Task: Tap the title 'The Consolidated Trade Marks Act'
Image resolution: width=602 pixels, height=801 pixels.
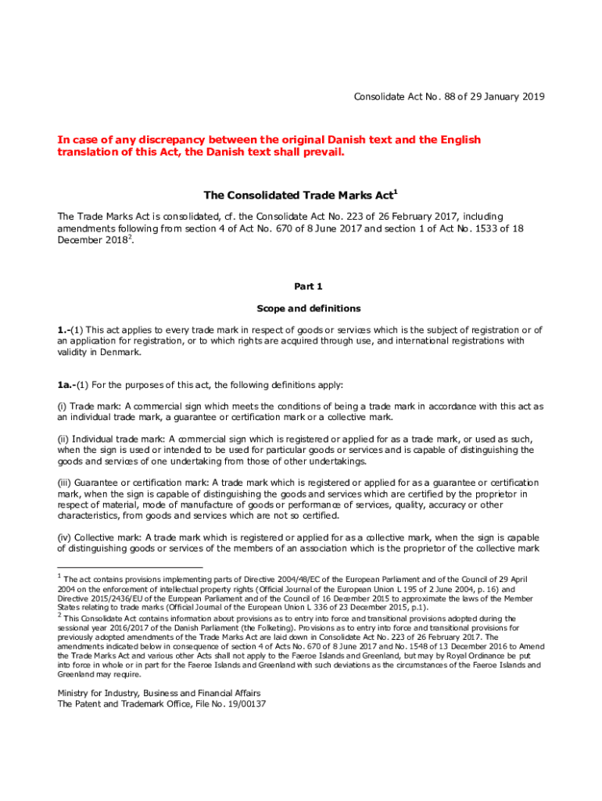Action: click(298, 194)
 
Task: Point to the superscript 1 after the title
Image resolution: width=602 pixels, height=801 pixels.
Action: click(396, 190)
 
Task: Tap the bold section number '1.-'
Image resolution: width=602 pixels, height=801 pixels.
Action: click(66, 330)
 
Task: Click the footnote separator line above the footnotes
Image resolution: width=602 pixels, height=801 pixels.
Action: click(130, 566)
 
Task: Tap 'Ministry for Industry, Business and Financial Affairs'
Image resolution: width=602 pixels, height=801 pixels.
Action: click(159, 693)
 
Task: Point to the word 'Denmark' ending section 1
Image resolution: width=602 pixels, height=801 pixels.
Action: click(120, 352)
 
